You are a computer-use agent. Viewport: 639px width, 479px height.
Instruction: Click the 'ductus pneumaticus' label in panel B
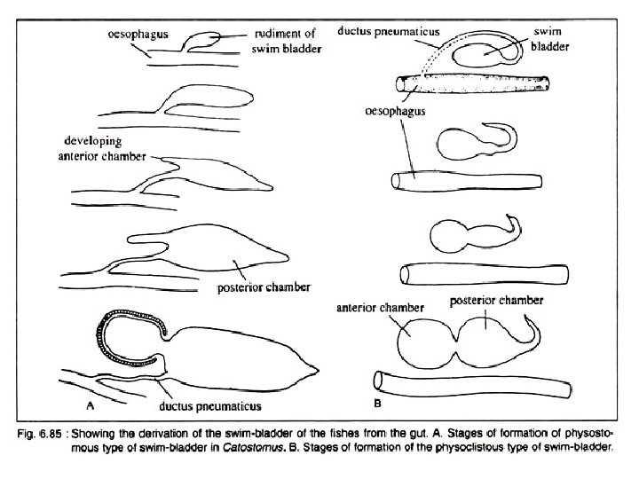click(389, 30)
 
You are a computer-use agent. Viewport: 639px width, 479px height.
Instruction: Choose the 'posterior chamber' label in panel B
click(496, 301)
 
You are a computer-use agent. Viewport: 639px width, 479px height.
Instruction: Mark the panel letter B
click(377, 404)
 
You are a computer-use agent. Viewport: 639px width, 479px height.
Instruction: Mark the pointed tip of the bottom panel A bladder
click(316, 366)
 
